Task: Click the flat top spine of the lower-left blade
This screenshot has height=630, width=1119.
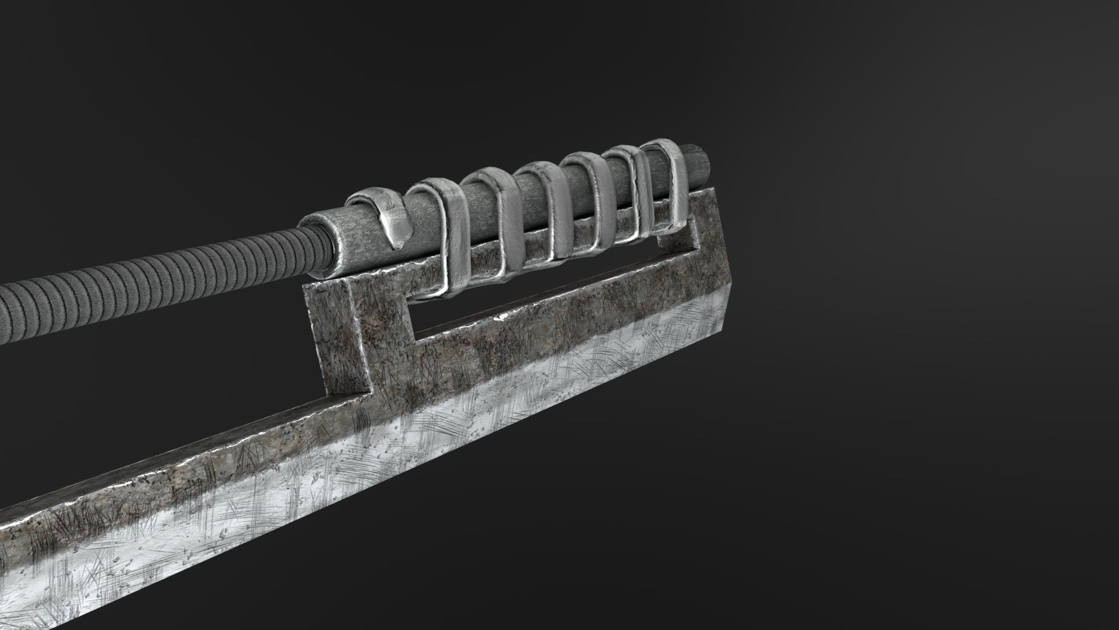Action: click(x=175, y=455)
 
